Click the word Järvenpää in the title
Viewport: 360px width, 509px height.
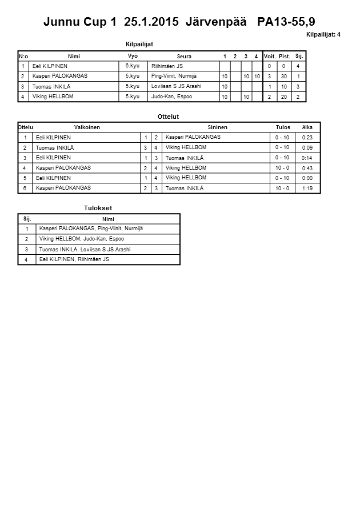tap(217, 22)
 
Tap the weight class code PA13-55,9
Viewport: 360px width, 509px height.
tap(286, 22)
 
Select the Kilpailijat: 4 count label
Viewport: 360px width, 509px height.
tap(323, 34)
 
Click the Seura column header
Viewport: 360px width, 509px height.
tap(184, 57)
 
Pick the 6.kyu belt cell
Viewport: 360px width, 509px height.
tap(133, 66)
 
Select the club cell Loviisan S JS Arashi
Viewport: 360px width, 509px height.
tap(177, 86)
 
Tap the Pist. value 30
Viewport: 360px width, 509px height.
tap(284, 77)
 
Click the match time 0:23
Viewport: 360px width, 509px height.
tap(307, 138)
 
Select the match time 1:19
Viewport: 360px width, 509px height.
tap(307, 188)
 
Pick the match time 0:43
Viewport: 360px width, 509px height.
tap(307, 168)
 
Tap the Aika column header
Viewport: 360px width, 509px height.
tap(307, 127)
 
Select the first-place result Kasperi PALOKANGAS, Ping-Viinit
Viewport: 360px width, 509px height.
tap(91, 229)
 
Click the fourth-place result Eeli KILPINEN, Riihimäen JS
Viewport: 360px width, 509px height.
tap(74, 259)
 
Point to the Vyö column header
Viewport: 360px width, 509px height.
tap(133, 56)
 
